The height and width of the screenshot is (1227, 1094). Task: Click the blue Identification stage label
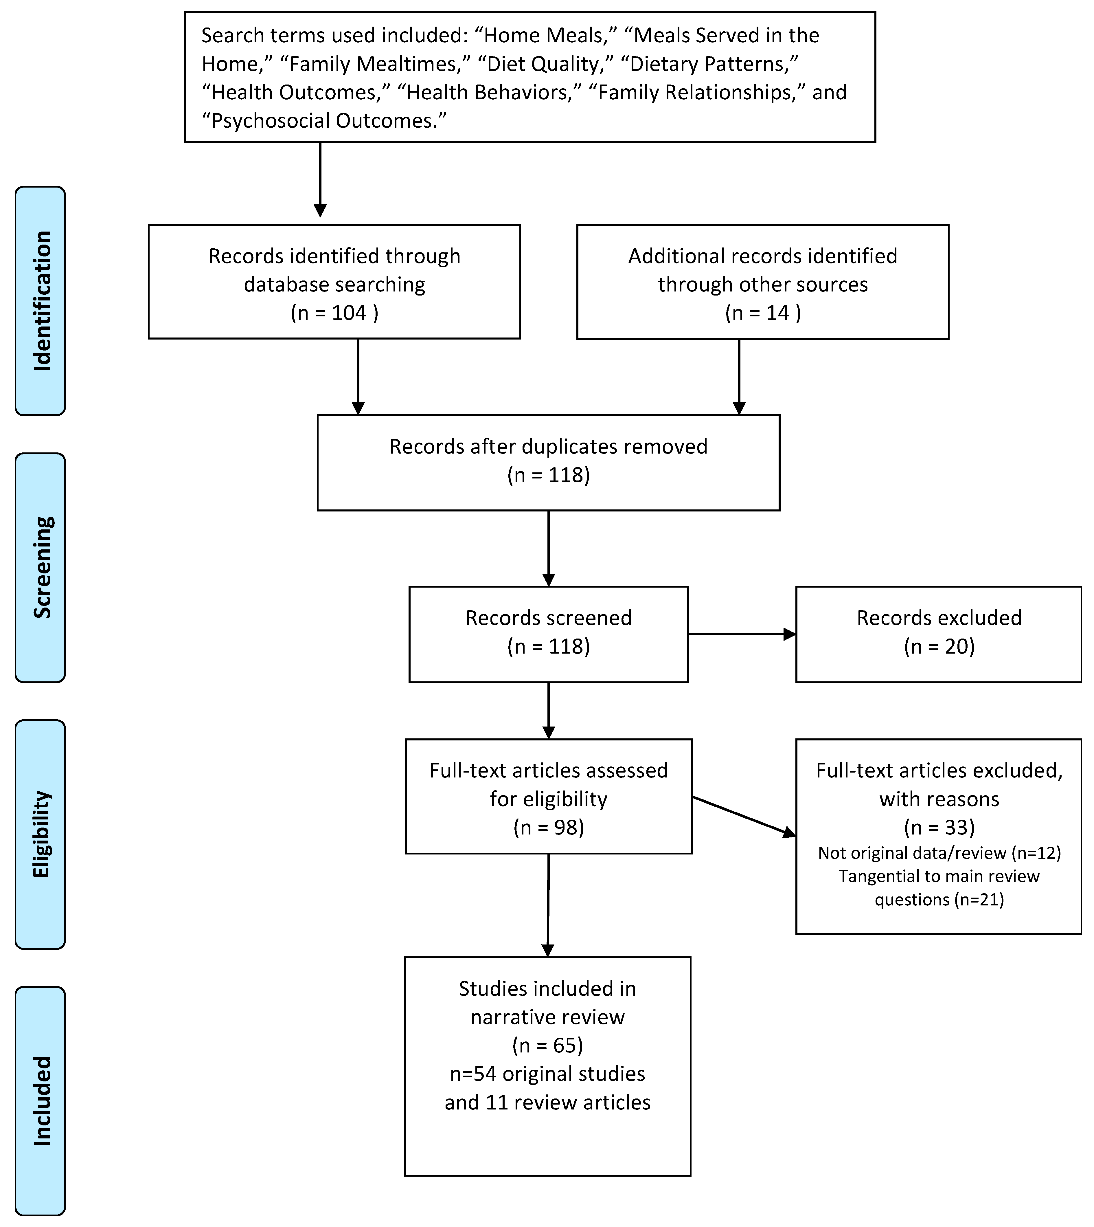40,300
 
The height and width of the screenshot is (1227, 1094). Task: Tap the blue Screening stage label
40,568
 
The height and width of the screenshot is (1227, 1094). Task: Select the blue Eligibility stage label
40,834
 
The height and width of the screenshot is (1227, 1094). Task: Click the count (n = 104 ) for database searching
334,313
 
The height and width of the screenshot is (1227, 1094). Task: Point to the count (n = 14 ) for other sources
763,313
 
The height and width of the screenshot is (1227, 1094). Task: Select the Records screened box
548,634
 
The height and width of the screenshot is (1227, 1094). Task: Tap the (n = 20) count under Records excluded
939,646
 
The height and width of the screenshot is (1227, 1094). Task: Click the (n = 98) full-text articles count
548,827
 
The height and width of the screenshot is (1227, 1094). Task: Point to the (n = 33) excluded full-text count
939,827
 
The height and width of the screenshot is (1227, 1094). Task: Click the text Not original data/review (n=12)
939,853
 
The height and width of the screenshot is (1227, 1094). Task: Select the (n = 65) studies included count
548,1046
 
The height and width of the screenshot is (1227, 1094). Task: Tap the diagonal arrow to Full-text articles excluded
744,816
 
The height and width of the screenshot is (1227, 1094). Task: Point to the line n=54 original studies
548,1074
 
